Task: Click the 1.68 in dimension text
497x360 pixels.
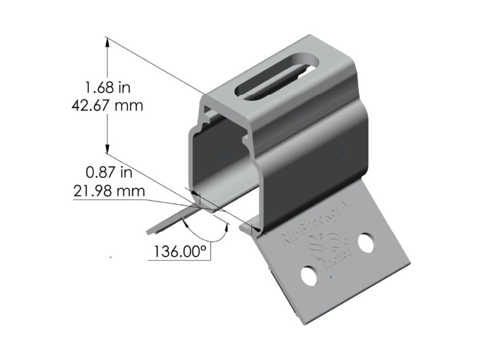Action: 108,87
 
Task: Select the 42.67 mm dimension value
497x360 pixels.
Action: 107,105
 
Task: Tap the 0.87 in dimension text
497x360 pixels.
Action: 108,173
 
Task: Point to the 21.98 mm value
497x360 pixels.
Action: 109,191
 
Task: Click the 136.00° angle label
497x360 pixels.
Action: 180,252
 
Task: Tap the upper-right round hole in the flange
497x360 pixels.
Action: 367,243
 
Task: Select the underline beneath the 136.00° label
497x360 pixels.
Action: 180,261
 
